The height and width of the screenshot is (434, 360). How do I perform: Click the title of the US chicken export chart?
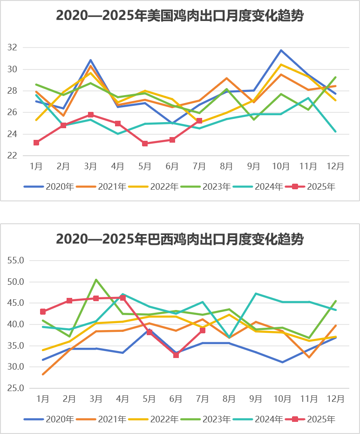coord(180,16)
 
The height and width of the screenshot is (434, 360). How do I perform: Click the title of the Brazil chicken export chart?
coord(180,239)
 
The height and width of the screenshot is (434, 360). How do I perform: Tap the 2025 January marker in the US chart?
coord(36,143)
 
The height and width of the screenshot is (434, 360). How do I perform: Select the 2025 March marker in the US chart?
coord(91,115)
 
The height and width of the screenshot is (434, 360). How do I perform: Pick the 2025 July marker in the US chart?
coord(199,121)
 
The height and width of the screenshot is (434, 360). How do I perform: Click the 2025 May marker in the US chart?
coord(145,144)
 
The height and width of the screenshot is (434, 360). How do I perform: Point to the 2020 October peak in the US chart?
coord(281,50)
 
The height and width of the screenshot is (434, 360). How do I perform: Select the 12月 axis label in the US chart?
coord(335,166)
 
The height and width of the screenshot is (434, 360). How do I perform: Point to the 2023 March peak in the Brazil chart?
coord(96,280)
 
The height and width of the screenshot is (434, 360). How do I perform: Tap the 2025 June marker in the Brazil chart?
coord(176,355)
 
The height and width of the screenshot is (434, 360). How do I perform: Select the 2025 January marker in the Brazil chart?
coord(43,312)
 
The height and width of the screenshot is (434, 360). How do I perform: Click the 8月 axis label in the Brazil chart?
coord(229,399)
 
